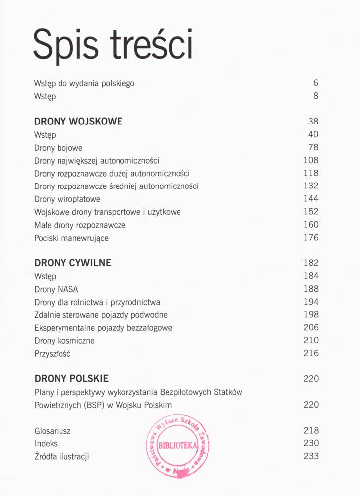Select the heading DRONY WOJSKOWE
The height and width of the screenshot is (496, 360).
(78, 122)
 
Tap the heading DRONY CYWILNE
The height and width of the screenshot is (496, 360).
(72, 263)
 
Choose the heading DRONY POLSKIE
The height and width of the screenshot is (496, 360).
(71, 379)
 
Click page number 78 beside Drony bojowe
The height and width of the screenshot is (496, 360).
(313, 147)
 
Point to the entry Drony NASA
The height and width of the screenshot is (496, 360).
(56, 289)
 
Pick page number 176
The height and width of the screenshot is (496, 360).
(311, 238)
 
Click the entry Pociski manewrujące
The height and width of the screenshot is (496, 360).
(71, 238)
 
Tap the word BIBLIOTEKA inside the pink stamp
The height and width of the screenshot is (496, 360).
(178, 445)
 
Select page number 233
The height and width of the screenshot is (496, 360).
(311, 456)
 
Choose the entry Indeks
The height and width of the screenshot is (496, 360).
(46, 443)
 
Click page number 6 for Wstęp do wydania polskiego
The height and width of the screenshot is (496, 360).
(315, 83)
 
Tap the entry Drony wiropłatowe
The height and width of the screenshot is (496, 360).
(67, 199)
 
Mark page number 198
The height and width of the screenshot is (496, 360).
(311, 314)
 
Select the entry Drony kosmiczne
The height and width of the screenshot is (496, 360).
(64, 341)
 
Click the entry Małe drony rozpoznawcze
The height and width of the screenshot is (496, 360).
(80, 225)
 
